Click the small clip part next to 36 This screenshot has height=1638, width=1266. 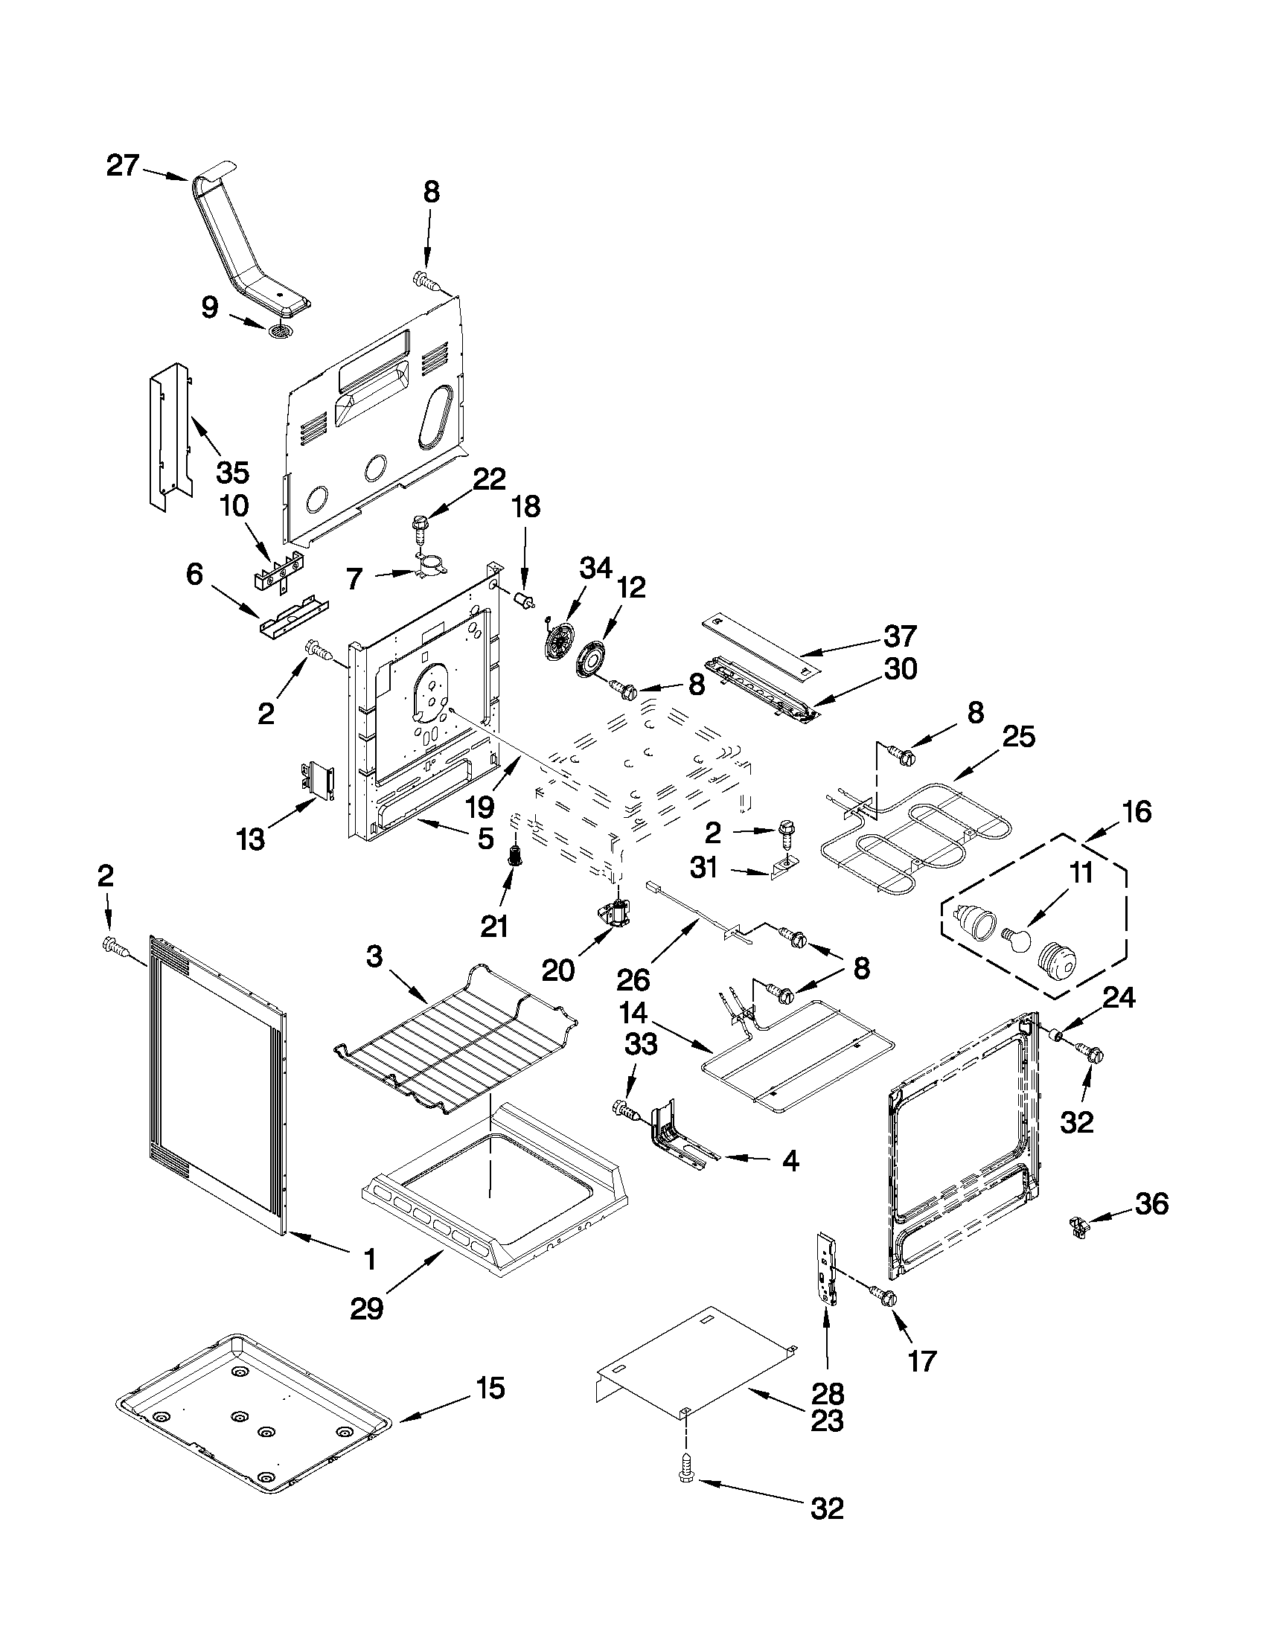tap(1078, 1226)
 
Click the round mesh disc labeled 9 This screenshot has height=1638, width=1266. tap(281, 330)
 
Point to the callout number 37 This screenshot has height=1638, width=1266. tap(899, 636)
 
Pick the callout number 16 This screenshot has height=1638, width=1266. tap(1137, 811)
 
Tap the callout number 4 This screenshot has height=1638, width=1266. tap(790, 1162)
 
